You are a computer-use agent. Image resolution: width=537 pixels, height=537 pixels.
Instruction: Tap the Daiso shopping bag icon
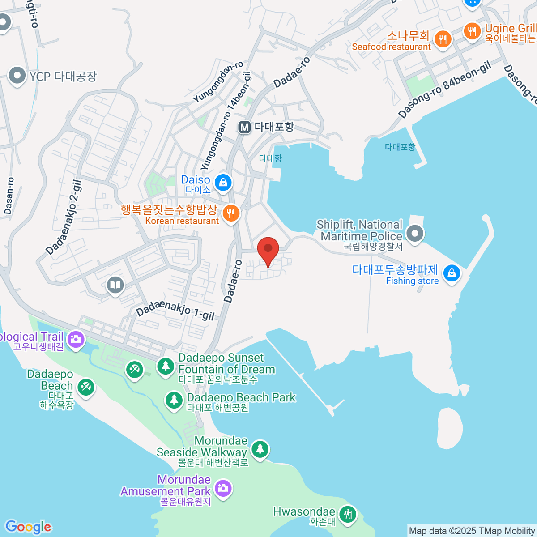click(x=223, y=182)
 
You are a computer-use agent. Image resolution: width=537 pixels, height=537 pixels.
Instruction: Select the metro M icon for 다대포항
click(x=244, y=128)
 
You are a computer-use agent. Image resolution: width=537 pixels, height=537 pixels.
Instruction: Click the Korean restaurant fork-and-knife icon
click(x=231, y=213)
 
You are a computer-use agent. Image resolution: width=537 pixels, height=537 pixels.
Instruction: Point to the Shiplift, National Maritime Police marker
click(x=415, y=233)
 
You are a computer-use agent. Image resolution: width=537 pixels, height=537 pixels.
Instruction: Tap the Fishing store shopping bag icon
click(x=452, y=273)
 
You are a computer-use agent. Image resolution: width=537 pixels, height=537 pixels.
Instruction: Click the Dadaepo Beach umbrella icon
click(x=85, y=387)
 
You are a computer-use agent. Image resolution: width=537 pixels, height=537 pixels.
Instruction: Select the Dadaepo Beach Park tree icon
click(x=174, y=400)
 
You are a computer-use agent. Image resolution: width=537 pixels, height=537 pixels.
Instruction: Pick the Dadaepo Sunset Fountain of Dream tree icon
click(x=166, y=367)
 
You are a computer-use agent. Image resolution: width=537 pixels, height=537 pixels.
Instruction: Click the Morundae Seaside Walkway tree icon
click(x=260, y=448)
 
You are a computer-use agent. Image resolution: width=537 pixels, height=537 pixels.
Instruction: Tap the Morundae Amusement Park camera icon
click(x=222, y=488)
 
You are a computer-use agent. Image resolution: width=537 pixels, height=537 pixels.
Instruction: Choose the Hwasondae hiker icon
click(x=347, y=514)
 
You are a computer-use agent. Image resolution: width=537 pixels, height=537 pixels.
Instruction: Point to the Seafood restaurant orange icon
click(x=442, y=39)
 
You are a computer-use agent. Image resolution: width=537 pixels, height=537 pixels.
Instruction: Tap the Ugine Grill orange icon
click(x=472, y=31)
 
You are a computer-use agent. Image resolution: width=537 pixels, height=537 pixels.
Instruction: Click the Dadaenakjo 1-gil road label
click(x=175, y=309)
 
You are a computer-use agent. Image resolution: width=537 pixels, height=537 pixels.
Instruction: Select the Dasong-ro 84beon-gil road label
click(x=445, y=90)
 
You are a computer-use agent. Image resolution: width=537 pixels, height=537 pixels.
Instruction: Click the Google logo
click(x=28, y=527)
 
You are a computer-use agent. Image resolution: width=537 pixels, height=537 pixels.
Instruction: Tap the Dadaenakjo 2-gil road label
click(x=64, y=217)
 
